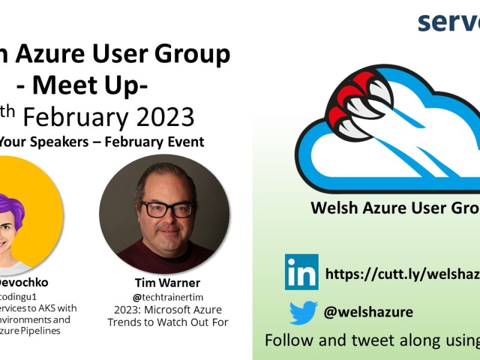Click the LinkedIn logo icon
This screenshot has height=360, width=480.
tap(302, 272)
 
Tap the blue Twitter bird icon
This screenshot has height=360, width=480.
tap(303, 313)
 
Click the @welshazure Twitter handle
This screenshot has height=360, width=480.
tap(368, 312)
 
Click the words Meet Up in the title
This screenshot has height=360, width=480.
tap(90, 85)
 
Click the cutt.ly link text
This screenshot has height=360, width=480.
tap(402, 274)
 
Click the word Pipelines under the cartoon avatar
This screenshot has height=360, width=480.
tap(48, 331)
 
